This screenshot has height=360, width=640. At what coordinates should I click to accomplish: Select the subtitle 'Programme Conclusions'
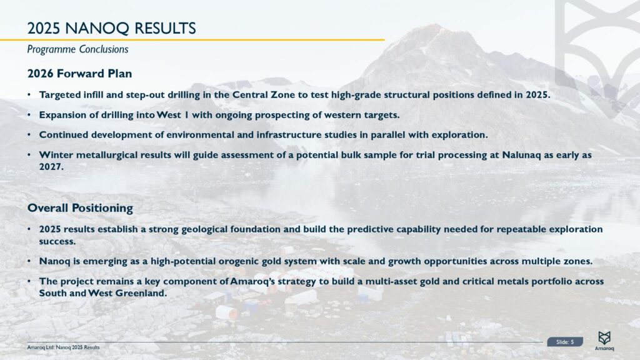click(77, 49)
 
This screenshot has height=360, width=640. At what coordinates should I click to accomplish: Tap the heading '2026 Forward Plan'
click(79, 73)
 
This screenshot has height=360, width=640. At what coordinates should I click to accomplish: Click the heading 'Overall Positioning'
click(80, 207)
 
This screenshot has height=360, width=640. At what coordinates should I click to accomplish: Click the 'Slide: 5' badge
click(565, 342)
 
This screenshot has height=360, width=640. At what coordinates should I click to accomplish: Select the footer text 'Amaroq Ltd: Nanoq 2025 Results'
click(63, 347)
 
